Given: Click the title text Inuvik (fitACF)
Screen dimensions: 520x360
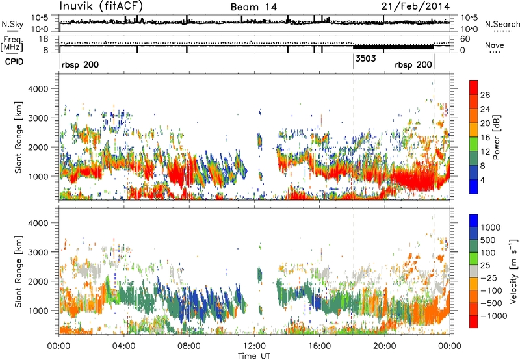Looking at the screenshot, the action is point(101,6).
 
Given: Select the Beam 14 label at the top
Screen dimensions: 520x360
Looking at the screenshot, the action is point(254,7).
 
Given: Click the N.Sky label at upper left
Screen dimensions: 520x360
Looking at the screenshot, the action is point(12,24).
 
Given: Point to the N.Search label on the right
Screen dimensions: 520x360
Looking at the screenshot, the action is point(502,24).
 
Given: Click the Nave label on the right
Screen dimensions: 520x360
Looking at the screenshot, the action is point(495,45).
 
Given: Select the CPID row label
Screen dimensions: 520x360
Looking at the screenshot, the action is point(14,62).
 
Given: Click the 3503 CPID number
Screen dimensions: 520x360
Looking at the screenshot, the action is point(365,58).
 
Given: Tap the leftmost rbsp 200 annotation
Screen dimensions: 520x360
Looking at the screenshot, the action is point(80,64).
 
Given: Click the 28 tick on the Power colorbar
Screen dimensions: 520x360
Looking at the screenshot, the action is point(485,95).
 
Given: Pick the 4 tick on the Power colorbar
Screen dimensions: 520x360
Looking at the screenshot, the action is point(482,180).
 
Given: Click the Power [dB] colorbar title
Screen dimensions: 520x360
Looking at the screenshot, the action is point(497,137).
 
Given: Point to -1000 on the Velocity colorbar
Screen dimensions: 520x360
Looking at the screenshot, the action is point(493,316).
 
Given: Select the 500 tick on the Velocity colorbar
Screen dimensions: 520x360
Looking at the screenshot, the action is point(487,240).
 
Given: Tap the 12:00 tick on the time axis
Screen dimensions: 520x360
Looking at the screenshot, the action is point(254,346).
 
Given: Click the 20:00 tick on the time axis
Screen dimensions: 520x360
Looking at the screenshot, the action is point(384,346).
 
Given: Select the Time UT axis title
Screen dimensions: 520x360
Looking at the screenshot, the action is point(254,356).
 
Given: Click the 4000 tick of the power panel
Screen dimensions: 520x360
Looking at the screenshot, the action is point(38,89).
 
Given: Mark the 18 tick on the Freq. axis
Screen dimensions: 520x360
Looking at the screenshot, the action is point(44,39).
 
